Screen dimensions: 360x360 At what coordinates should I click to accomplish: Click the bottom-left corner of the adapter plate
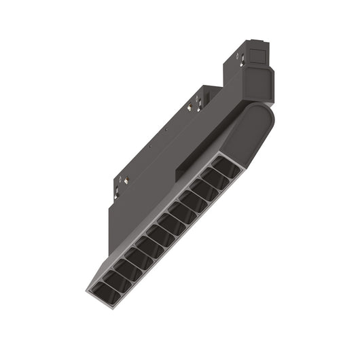coord(108,253)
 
